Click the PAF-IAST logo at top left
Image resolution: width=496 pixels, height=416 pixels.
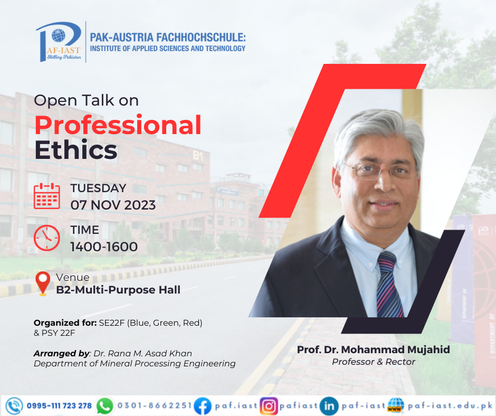tap(59, 42)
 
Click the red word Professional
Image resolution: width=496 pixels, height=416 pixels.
tap(118, 125)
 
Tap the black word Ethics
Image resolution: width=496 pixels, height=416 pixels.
tap(76, 150)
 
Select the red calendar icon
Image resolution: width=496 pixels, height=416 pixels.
tap(47, 196)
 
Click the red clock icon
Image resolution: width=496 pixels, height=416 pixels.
tap(47, 238)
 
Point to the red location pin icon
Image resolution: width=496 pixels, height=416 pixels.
tap(43, 283)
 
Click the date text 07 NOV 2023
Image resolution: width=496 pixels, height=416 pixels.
tap(113, 205)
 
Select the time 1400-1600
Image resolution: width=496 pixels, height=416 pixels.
tap(104, 247)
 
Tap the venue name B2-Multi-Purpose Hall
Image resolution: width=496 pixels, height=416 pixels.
tap(118, 290)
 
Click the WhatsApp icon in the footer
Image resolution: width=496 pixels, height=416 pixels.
tap(104, 406)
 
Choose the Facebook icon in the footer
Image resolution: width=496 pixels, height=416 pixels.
tap(203, 406)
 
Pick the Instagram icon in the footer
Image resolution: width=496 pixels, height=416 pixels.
tap(269, 406)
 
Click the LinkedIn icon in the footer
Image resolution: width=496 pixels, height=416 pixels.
tap(329, 406)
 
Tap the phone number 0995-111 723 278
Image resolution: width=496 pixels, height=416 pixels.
tap(59, 406)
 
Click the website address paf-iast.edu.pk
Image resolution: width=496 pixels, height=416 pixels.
tap(450, 405)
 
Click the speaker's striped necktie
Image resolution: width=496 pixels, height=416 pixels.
tap(389, 285)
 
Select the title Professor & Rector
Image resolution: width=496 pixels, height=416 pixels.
tap(374, 362)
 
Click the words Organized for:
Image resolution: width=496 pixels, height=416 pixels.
tap(65, 323)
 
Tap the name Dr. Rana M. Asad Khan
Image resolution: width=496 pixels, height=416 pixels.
tap(143, 353)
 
